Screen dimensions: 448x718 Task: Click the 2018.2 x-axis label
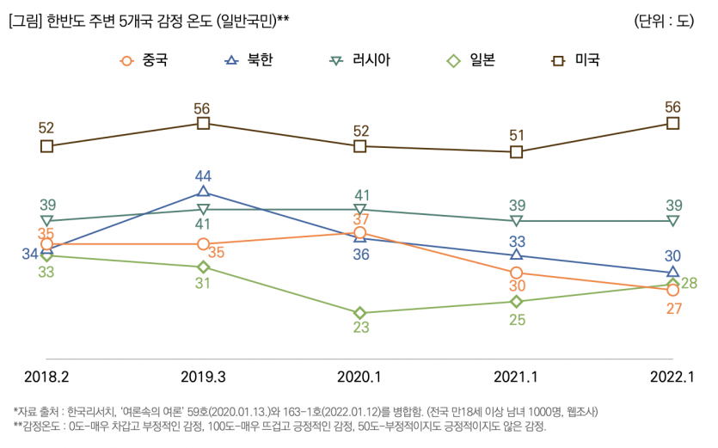point(46,376)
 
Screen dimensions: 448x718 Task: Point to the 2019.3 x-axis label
point(203,376)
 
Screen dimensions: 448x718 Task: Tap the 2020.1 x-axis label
point(359,376)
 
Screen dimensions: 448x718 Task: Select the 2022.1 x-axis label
point(672,376)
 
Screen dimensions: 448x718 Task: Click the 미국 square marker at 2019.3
point(203,124)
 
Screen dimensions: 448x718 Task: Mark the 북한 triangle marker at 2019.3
point(203,192)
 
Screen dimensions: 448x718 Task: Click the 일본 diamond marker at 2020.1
point(360,313)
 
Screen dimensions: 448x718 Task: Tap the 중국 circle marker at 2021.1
point(516,273)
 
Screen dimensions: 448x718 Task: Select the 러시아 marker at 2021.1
point(516,221)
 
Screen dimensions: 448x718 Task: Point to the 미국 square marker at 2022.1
point(672,124)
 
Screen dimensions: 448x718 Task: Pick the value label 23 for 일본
point(360,328)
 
